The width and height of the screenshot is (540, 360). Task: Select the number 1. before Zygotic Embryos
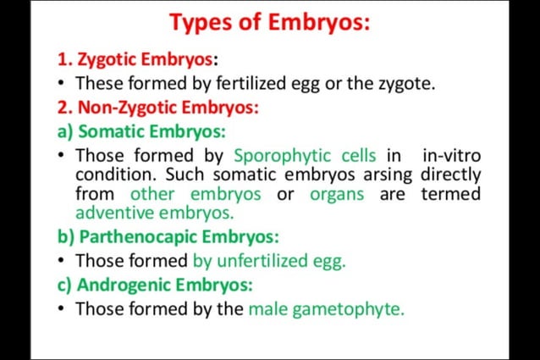pyautogui.click(x=64, y=60)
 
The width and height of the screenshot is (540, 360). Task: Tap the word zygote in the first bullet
pyautogui.click(x=405, y=84)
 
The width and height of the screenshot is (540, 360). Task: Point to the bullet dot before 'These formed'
pyautogui.click(x=63, y=84)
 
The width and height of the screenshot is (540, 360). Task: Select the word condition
pyautogui.click(x=113, y=174)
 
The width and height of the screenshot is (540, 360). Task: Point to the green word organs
pyautogui.click(x=337, y=194)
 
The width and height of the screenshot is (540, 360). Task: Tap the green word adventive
pyautogui.click(x=112, y=213)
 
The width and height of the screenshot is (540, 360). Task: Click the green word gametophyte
pyautogui.click(x=349, y=308)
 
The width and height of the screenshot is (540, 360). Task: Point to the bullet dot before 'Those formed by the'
pyautogui.click(x=63, y=308)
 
